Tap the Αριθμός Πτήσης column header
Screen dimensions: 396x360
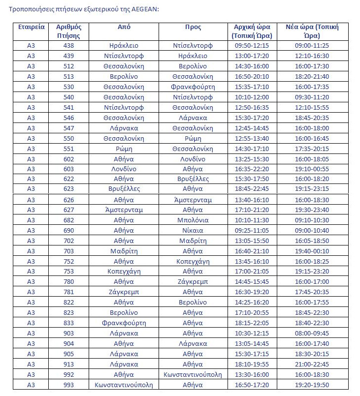point(68,31)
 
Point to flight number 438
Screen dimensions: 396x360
point(68,45)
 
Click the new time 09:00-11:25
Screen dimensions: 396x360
point(312,45)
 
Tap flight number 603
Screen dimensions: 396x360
point(68,169)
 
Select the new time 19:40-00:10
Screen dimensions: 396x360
point(312,251)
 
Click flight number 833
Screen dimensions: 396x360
point(68,323)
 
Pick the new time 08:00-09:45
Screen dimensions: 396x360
point(312,333)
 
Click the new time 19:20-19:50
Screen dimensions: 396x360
point(312,385)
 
